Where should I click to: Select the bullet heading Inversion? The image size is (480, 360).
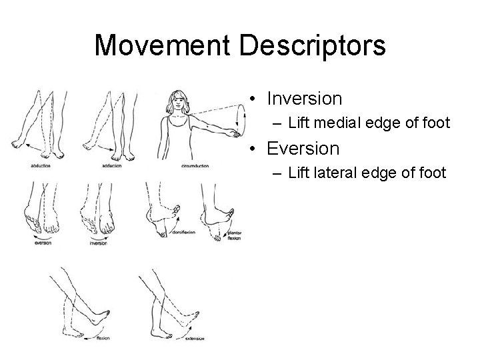[304, 99]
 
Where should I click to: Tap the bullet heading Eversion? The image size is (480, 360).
[303, 148]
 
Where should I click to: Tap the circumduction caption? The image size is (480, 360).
[195, 165]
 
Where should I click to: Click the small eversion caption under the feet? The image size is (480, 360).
[43, 243]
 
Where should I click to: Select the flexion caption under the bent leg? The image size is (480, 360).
[103, 338]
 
